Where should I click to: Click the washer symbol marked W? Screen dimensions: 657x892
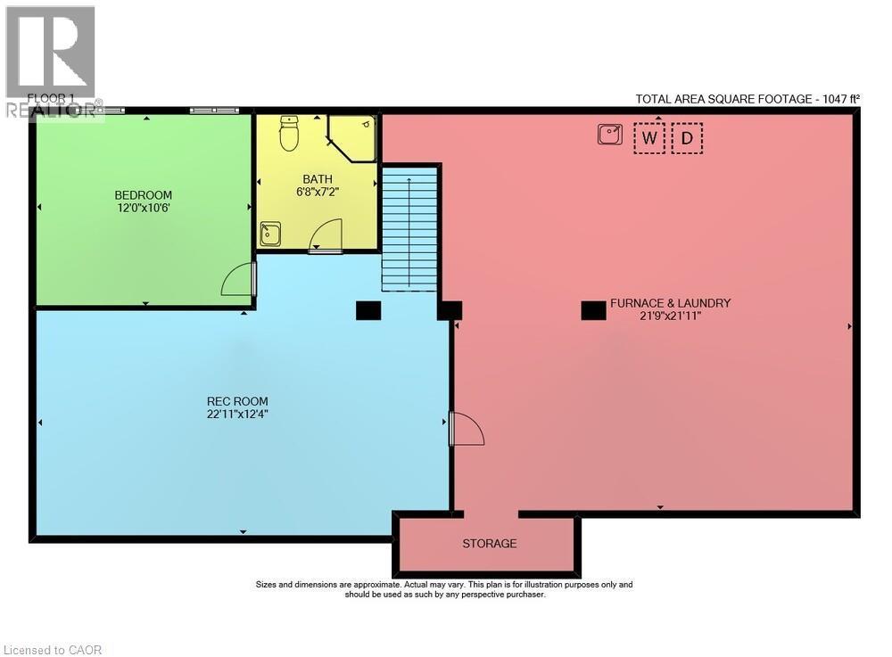649,138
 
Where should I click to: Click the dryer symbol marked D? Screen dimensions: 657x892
687,138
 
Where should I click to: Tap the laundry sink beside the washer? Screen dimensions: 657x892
610,135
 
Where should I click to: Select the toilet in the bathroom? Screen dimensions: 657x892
289,133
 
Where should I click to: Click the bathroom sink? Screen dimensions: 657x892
270,234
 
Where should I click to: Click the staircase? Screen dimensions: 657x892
409,229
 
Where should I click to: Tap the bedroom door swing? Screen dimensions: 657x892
238,280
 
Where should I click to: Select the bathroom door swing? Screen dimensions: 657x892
326,236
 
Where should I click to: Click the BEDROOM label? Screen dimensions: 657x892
143,195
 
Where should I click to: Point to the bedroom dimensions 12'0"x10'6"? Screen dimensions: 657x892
143,209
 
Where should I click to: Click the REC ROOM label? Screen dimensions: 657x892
237,401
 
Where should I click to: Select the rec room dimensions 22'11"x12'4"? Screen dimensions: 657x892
237,414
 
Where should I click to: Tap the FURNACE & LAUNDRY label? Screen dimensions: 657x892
670,303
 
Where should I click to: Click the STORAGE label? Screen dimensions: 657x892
489,543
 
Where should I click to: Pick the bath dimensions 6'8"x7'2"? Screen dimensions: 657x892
317,192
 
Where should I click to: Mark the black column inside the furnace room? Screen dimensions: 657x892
593,310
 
